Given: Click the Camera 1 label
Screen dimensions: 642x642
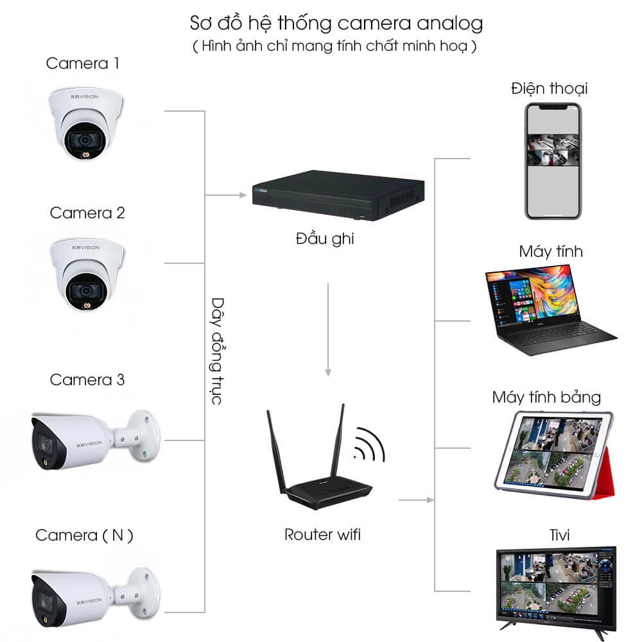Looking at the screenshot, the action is (82, 64).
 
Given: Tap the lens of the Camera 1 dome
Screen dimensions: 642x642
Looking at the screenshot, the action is (85, 141).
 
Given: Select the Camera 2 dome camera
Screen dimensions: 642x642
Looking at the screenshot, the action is (87, 274).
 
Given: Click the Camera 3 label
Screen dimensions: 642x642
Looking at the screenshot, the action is (87, 379).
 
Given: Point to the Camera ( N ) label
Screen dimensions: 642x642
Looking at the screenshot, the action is (84, 535).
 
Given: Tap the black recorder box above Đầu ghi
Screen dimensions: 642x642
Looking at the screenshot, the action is (338, 195).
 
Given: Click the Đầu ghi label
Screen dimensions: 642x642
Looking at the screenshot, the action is (325, 239).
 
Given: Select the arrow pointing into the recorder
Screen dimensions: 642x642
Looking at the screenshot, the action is (225, 195).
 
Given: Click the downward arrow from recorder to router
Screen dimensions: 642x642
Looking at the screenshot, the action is (328, 329).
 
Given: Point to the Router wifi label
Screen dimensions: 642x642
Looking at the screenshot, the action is (323, 534).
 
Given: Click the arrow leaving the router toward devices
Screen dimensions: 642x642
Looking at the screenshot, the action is (416, 500).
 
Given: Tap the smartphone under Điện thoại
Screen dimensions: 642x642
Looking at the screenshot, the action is (553, 161).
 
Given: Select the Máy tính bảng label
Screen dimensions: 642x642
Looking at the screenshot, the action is (546, 397).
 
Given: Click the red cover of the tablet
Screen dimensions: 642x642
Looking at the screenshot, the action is (608, 475).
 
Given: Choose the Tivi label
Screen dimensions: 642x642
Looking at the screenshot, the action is (559, 535).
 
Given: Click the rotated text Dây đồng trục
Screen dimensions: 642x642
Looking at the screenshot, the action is (218, 351).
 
